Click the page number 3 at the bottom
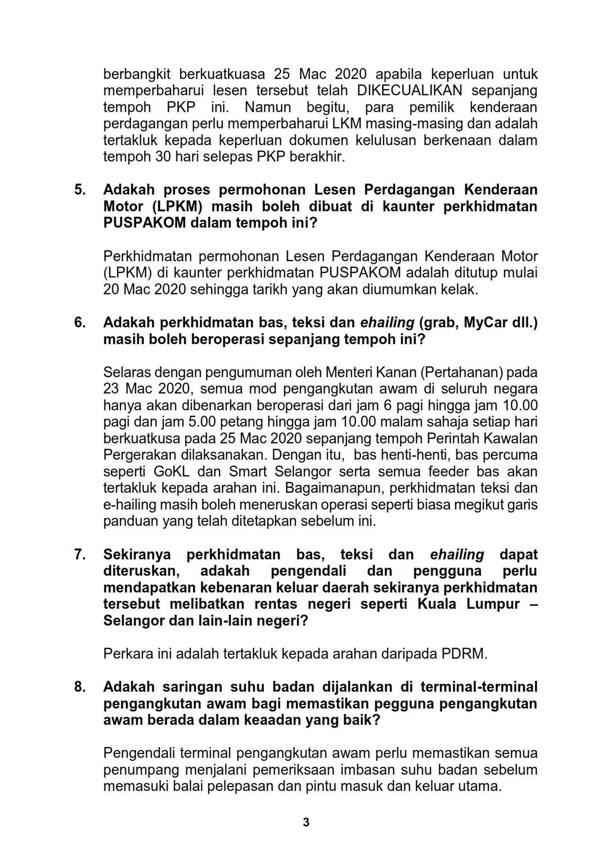[x=306, y=822]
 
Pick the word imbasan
[x=369, y=770]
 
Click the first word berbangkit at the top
[x=137, y=74]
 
